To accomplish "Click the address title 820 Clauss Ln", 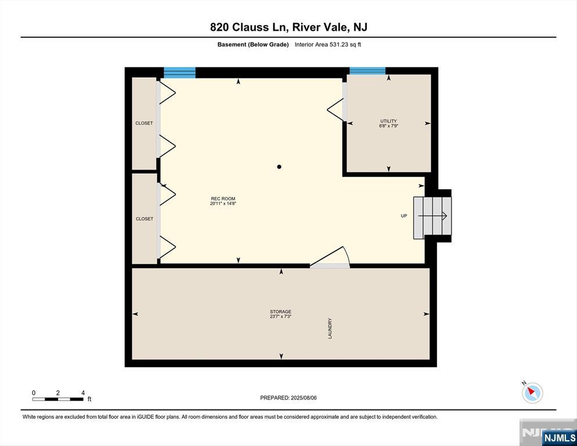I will click(288, 27).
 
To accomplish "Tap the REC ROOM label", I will click(223, 199).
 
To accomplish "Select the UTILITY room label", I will click(388, 121).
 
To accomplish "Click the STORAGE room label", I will click(280, 312).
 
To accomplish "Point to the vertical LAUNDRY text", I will click(330, 328).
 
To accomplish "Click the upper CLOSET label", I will click(144, 123).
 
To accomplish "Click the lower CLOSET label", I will click(144, 219).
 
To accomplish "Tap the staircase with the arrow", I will click(432, 217).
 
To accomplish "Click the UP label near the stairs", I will click(403, 216).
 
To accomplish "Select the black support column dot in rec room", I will click(279, 167).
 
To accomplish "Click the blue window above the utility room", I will click(367, 71).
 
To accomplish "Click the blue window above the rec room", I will click(179, 73).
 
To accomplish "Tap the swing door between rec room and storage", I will click(330, 259).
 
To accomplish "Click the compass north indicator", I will click(532, 393).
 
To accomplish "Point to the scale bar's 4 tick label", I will click(83, 393).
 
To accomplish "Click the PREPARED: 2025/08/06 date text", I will click(288, 398).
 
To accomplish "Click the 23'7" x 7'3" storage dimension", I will click(280, 317).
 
